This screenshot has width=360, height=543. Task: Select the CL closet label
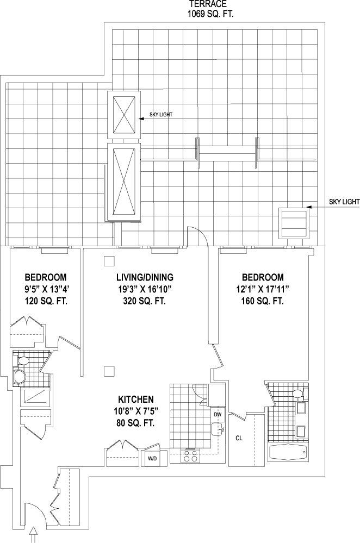point(239,438)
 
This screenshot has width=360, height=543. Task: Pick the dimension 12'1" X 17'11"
point(263,289)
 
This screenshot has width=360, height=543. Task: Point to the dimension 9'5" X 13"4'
point(46,289)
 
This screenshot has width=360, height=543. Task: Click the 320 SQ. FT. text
point(145,301)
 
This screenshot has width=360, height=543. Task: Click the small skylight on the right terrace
point(293,222)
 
